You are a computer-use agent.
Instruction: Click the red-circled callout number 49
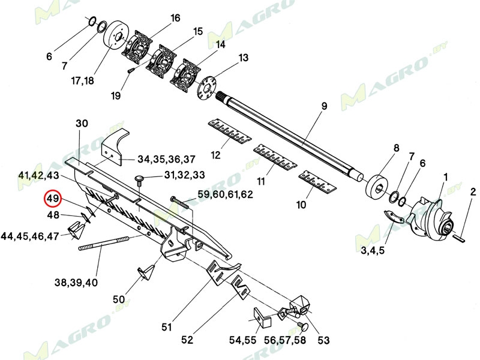(52, 199)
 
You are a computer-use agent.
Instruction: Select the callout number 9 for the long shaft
(323, 107)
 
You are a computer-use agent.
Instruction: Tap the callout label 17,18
(82, 80)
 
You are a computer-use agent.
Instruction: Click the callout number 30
(82, 123)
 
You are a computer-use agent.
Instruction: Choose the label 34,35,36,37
(166, 159)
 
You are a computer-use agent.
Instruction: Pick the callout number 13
(243, 58)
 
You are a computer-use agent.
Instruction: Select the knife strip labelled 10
(317, 182)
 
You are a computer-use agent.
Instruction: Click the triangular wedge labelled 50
(147, 273)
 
